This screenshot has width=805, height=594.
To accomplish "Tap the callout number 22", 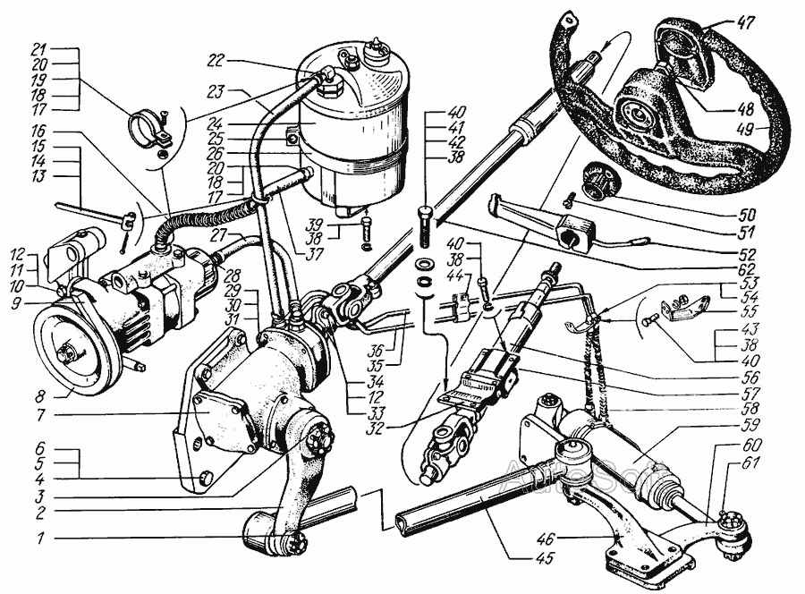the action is pos(217,61).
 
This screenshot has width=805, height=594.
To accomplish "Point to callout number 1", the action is pos(40,538).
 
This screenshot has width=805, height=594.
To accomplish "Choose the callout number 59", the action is pos(762,426).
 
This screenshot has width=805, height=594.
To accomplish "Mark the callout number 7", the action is pos(40,414).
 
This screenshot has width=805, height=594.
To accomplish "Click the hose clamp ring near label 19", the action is pos(148,128).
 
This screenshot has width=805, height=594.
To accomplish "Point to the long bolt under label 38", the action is pos(427,226).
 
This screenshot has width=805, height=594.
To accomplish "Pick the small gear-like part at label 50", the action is pos(598,182).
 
